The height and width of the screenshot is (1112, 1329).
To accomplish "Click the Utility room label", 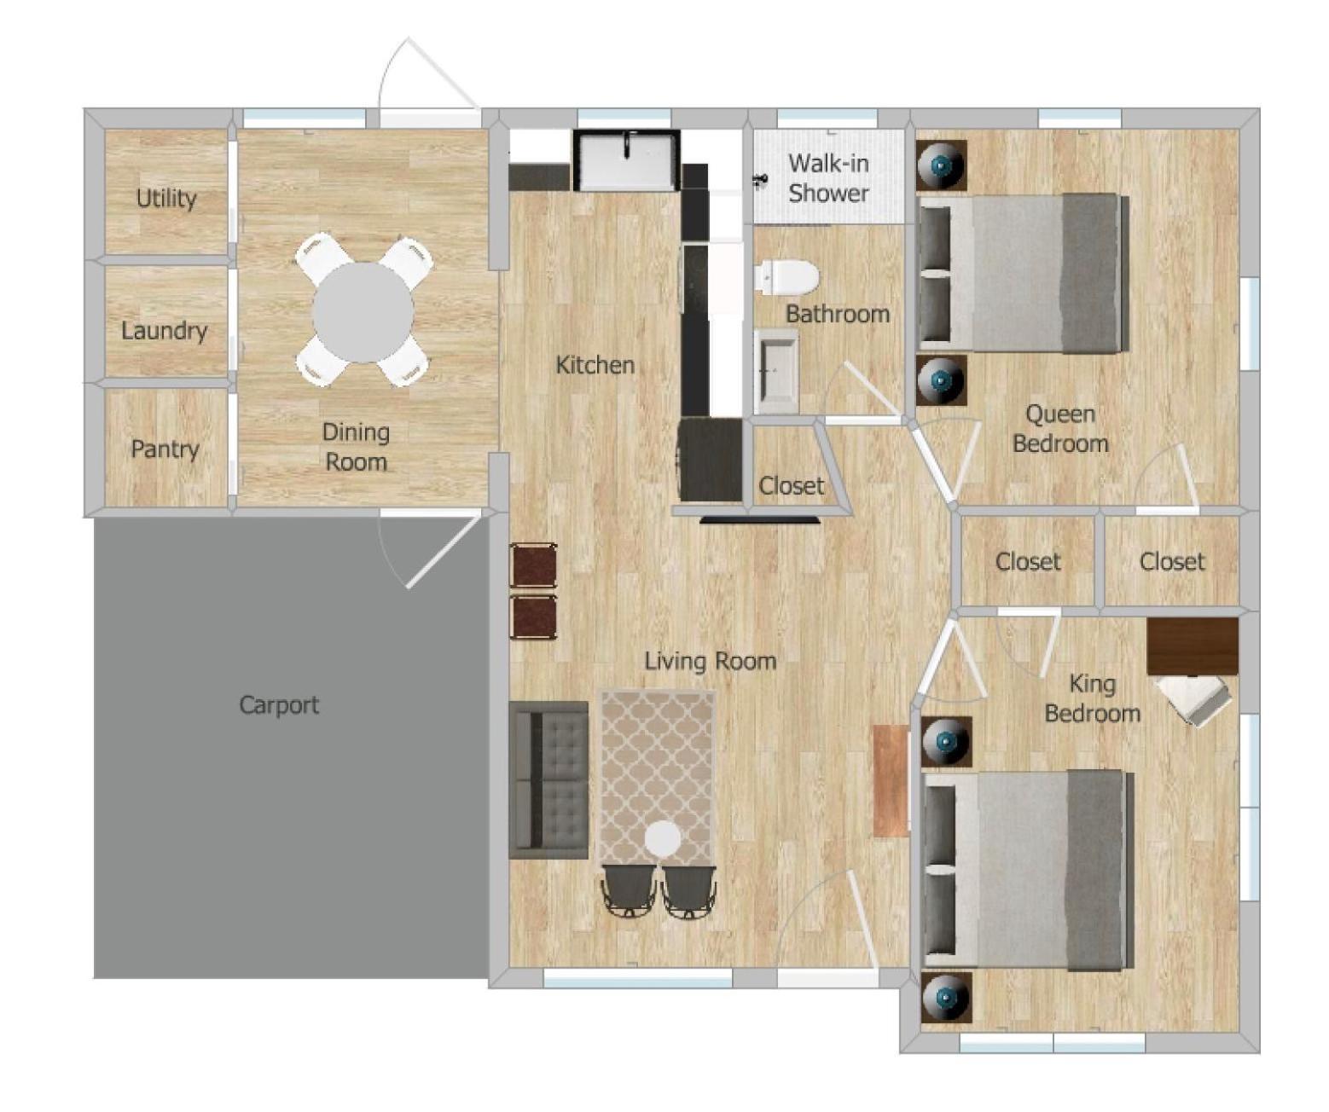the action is click(166, 198).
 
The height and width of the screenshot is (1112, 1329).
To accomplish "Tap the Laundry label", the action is click(165, 330).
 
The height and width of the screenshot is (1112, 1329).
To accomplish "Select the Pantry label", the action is click(165, 449).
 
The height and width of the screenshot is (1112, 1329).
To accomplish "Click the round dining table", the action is click(363, 313).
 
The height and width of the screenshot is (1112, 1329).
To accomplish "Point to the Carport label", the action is click(279, 705).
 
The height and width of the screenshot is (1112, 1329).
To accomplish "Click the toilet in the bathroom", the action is click(786, 278).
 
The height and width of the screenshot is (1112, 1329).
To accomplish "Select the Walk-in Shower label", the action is click(828, 177).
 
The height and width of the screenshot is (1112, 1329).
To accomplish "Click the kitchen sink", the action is click(626, 160).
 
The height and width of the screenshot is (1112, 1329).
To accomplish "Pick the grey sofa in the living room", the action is click(548, 779).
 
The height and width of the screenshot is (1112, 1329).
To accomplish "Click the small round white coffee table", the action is click(663, 839).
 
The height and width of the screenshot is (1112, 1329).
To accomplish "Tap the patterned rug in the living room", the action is click(658, 779).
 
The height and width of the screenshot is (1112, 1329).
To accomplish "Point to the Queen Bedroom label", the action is click(1060, 428).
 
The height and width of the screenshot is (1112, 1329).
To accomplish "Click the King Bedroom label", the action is click(1092, 698).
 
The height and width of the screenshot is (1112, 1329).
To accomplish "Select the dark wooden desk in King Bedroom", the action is click(1193, 646).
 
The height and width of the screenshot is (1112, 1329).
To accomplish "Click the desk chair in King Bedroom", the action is click(1193, 702).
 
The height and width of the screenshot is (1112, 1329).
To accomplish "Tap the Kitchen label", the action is click(595, 365).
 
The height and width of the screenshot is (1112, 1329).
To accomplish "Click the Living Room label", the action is click(711, 662).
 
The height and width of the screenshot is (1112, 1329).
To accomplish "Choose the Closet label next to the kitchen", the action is click(791, 486).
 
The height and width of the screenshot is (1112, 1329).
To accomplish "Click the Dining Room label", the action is click(356, 447).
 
